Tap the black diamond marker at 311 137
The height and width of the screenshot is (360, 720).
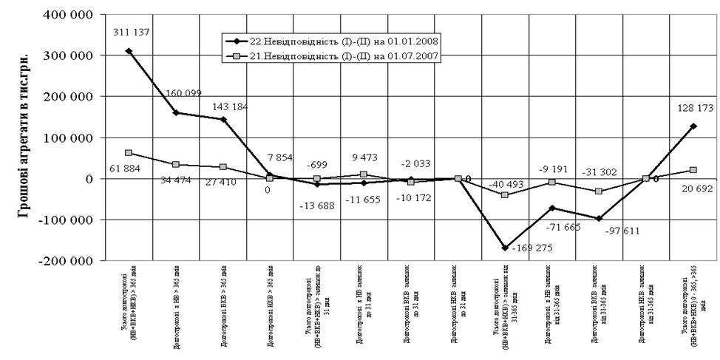pyautogui.click(x=129, y=51)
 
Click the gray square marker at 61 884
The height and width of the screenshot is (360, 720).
pyautogui.click(x=129, y=153)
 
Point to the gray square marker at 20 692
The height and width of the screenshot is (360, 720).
pyautogui.click(x=692, y=170)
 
